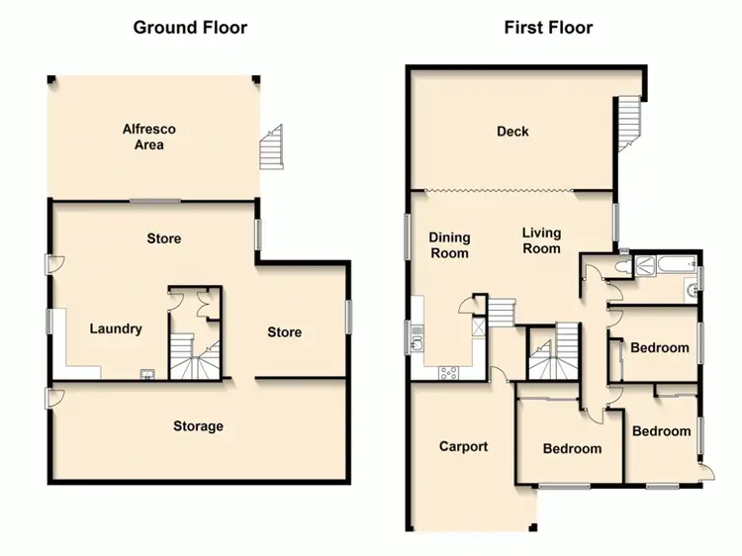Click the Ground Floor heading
tap(190, 27)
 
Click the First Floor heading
tap(548, 27)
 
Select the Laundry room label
tap(116, 329)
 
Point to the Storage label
tap(198, 426)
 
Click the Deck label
tap(513, 132)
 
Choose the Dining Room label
tap(449, 245)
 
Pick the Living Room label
tap(541, 240)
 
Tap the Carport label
tap(464, 446)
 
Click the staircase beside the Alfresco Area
tap(271, 149)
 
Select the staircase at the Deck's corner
tap(628, 124)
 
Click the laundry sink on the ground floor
tap(147, 374)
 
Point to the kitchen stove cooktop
tap(448, 373)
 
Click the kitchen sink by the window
tap(417, 341)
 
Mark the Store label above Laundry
tap(164, 238)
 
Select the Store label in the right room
tap(284, 332)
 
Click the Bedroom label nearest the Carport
tap(572, 448)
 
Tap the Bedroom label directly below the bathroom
tap(660, 348)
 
